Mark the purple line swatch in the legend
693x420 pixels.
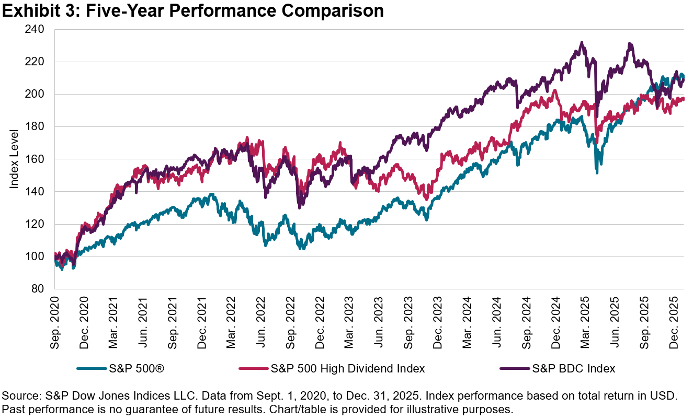point(515,369)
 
